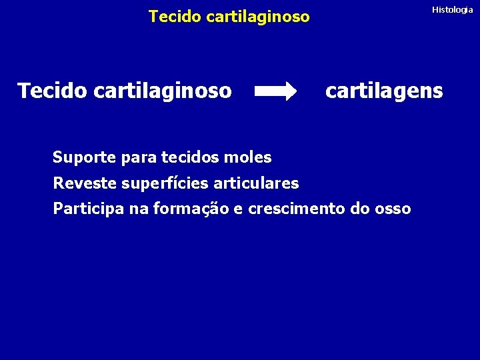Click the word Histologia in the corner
(452, 10)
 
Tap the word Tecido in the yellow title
(175, 17)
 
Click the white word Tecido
(52, 90)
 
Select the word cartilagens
(383, 91)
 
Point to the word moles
(249, 158)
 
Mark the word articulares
(256, 183)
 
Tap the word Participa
(89, 209)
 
